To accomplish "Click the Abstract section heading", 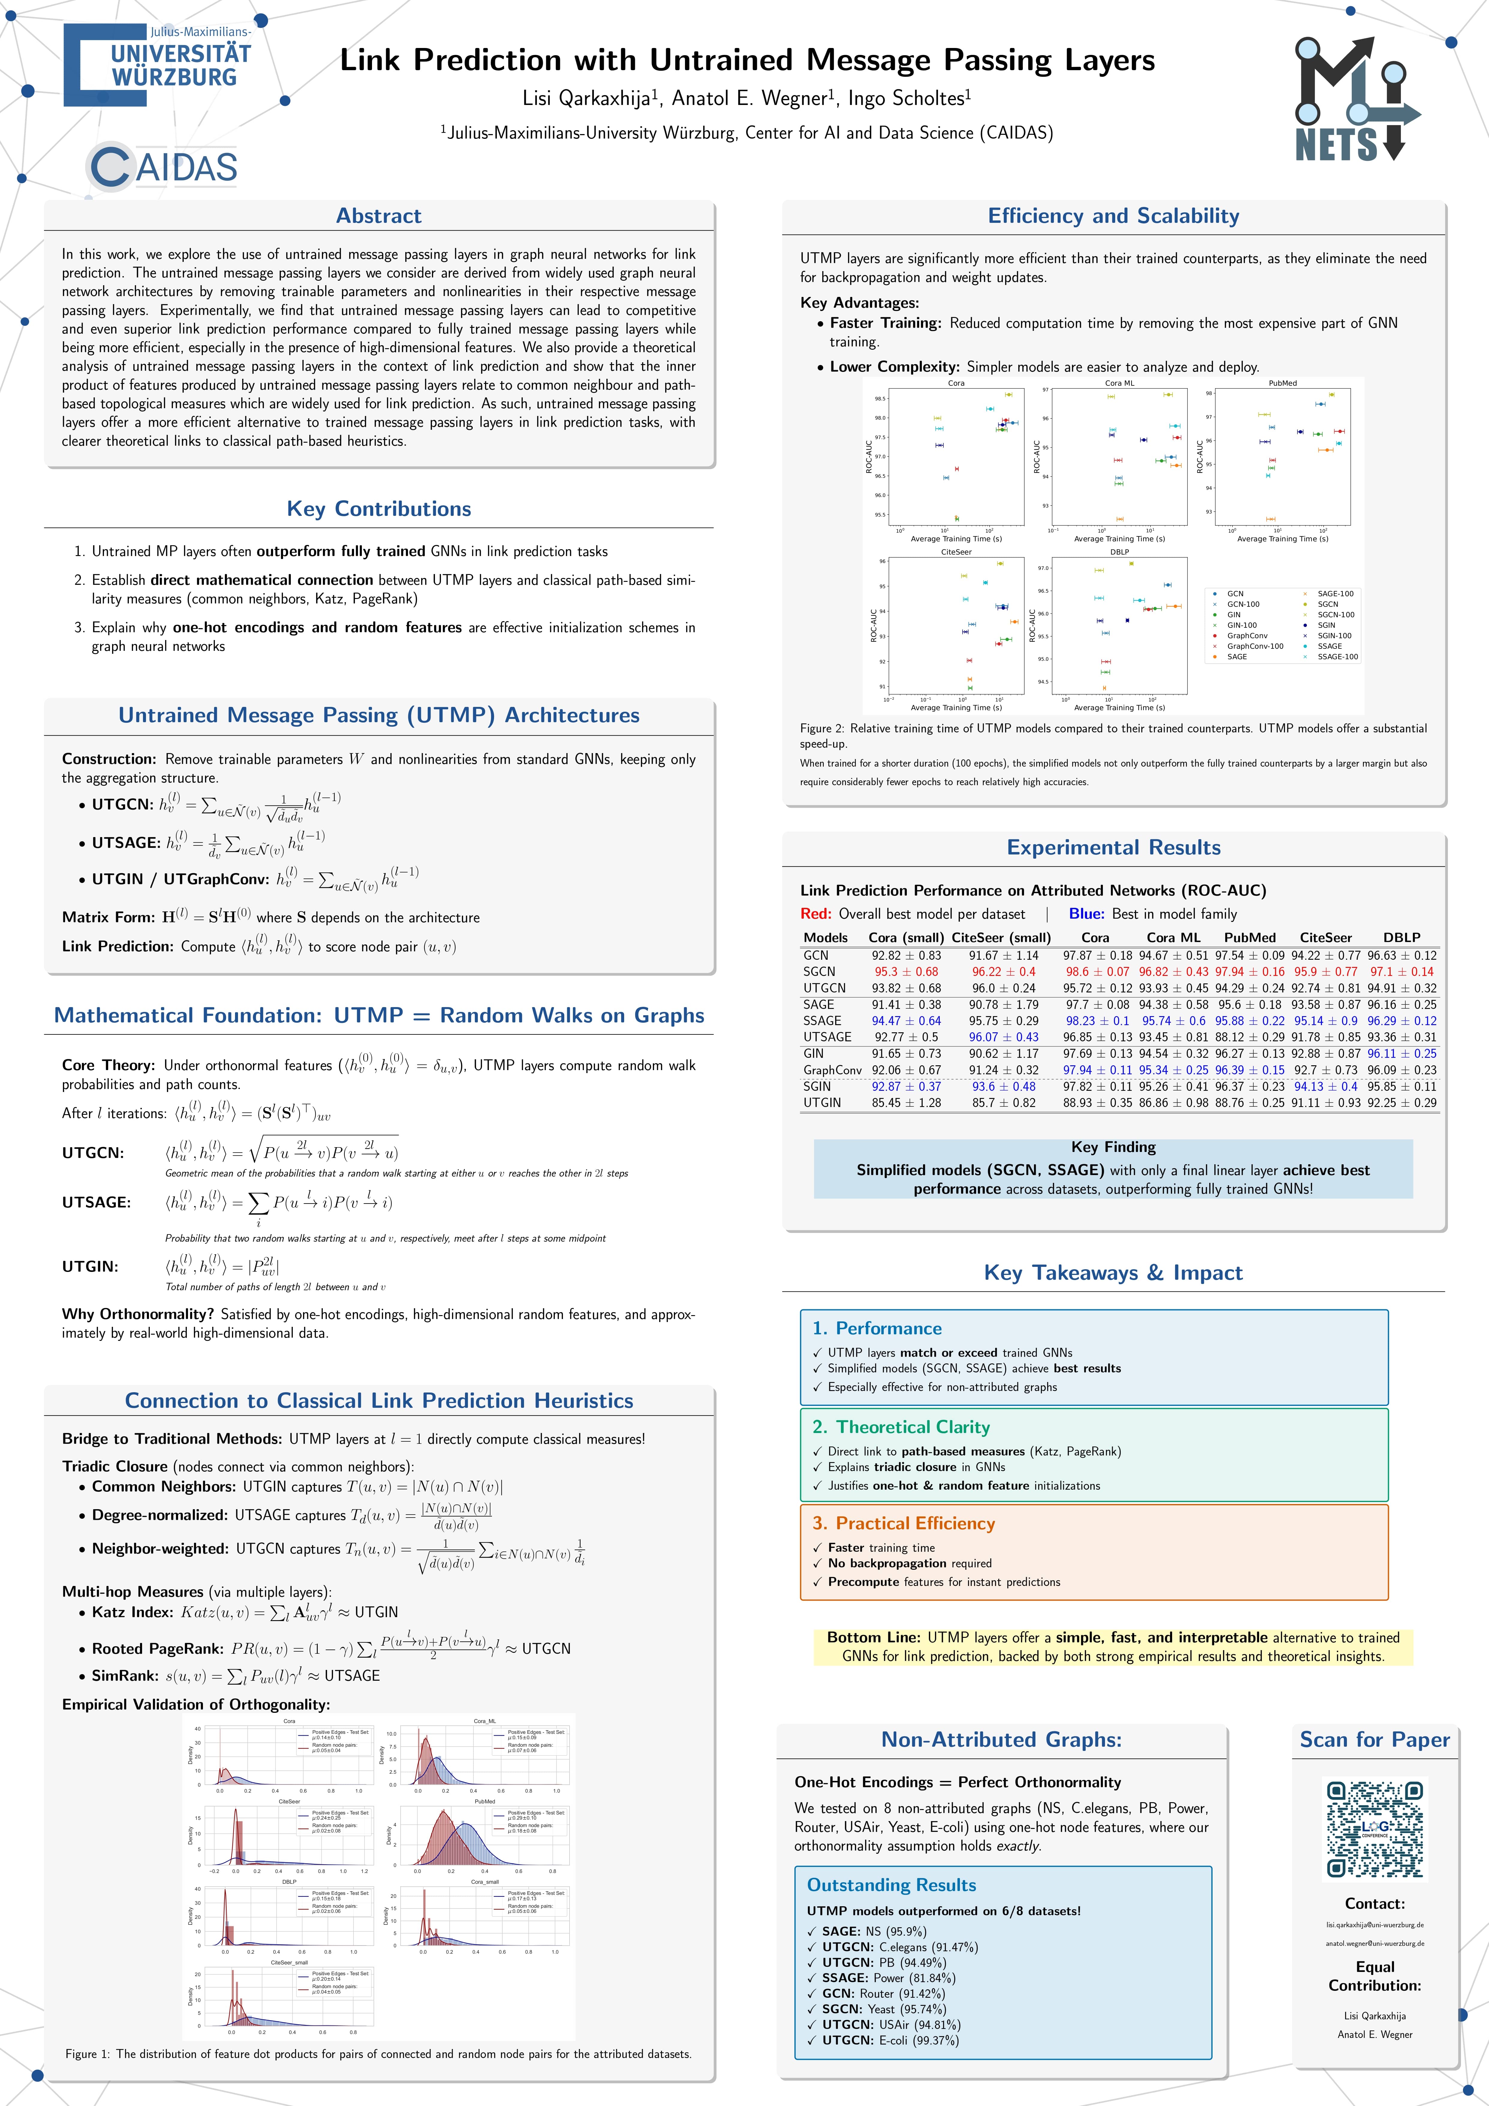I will pyautogui.click(x=379, y=216).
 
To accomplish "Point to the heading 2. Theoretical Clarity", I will pyautogui.click(x=900, y=1427).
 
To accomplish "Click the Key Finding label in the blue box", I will pyautogui.click(x=1113, y=1147).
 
